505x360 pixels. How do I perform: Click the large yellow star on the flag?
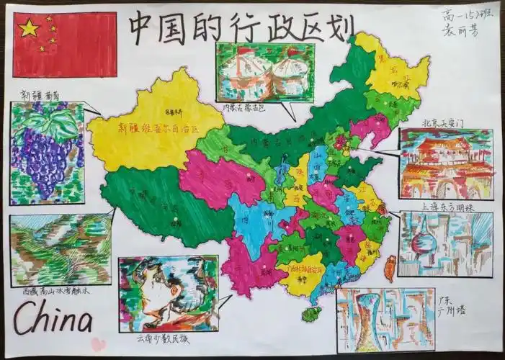(29, 28)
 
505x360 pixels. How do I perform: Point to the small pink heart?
(98, 343)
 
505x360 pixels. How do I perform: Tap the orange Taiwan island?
(390, 270)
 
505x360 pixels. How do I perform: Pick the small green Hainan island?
(312, 315)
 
